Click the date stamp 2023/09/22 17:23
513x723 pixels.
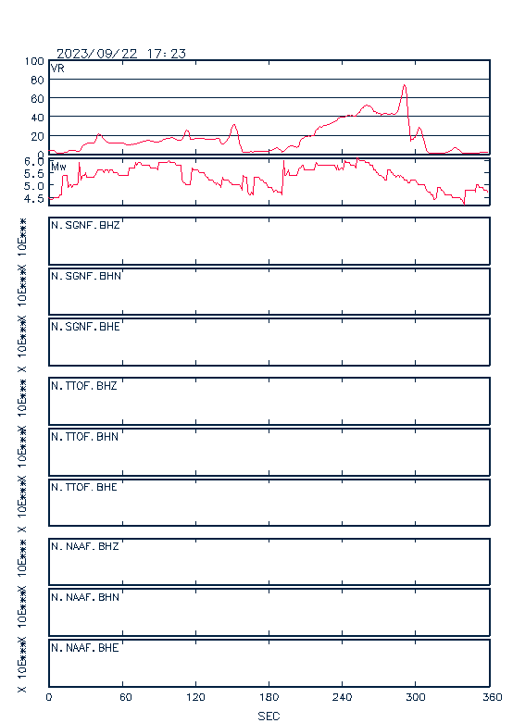click(x=121, y=54)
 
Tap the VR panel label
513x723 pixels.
click(x=57, y=69)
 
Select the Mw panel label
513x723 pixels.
click(x=58, y=167)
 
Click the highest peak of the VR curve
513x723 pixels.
click(x=405, y=85)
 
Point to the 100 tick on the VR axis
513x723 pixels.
click(x=34, y=61)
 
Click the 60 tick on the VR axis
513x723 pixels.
click(x=37, y=99)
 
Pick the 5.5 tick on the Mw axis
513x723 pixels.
click(x=34, y=174)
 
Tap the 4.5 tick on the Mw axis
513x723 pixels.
click(x=34, y=199)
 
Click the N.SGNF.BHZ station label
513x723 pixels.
click(x=85, y=225)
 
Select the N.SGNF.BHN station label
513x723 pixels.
click(x=86, y=276)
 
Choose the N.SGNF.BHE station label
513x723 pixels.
click(x=85, y=327)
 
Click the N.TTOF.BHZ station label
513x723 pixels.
click(x=84, y=385)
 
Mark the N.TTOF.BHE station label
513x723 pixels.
click(x=84, y=487)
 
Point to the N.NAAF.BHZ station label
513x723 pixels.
click(x=85, y=546)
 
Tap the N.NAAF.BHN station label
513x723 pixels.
click(x=85, y=597)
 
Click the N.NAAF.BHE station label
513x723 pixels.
click(x=85, y=648)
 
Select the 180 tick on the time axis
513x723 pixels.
click(x=269, y=697)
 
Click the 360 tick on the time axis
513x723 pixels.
click(x=492, y=697)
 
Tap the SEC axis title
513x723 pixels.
click(x=269, y=717)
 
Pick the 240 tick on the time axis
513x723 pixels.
click(x=343, y=697)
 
